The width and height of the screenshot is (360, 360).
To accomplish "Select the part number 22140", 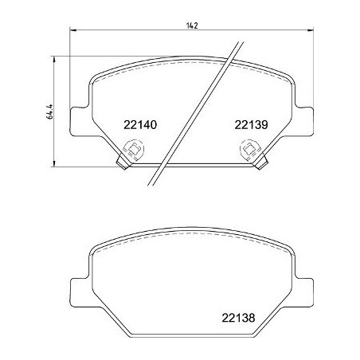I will click(140, 124).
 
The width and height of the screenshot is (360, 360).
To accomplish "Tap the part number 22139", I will click(250, 124).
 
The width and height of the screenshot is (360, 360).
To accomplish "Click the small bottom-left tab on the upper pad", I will click(123, 163).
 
